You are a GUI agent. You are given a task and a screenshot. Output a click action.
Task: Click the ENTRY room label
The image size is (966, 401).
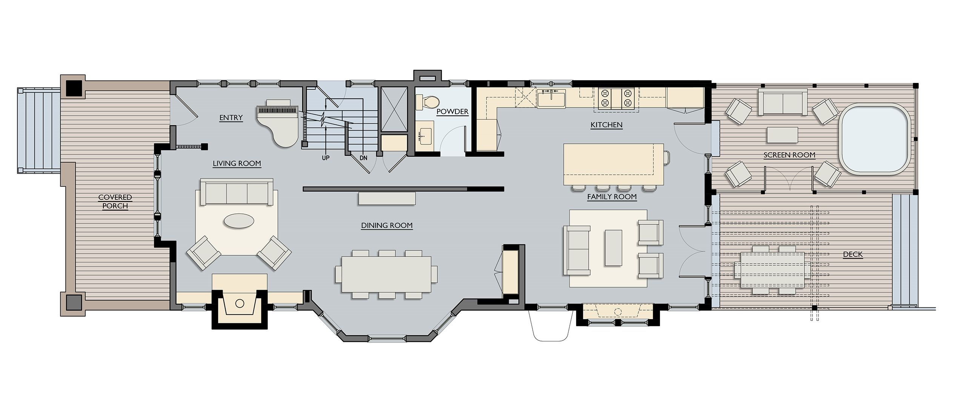click(x=231, y=118)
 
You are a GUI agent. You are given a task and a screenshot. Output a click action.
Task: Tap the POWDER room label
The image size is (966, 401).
click(x=452, y=112)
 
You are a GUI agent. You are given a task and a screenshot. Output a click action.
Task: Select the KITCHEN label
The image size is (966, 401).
click(x=606, y=125)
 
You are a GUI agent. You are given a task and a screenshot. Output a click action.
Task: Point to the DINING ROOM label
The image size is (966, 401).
click(x=387, y=226)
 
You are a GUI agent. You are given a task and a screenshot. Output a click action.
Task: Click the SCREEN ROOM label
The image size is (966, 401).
click(x=789, y=155)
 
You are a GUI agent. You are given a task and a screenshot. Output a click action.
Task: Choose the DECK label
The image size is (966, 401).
click(x=853, y=255)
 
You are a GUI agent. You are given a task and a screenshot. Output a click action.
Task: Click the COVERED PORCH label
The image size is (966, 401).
click(x=115, y=202)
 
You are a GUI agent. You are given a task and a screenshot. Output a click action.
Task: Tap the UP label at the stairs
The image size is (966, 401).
click(x=326, y=158)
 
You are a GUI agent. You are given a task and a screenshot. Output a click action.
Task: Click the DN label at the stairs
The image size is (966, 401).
click(x=363, y=158)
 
